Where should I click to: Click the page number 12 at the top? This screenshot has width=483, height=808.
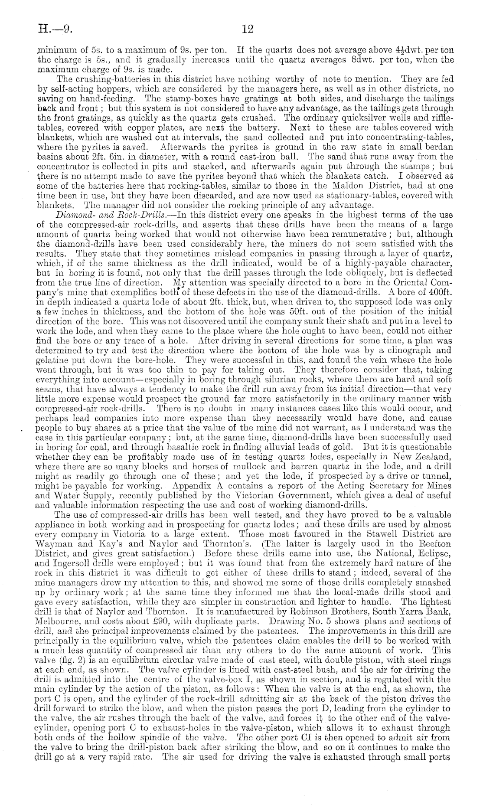pos(248,29)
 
